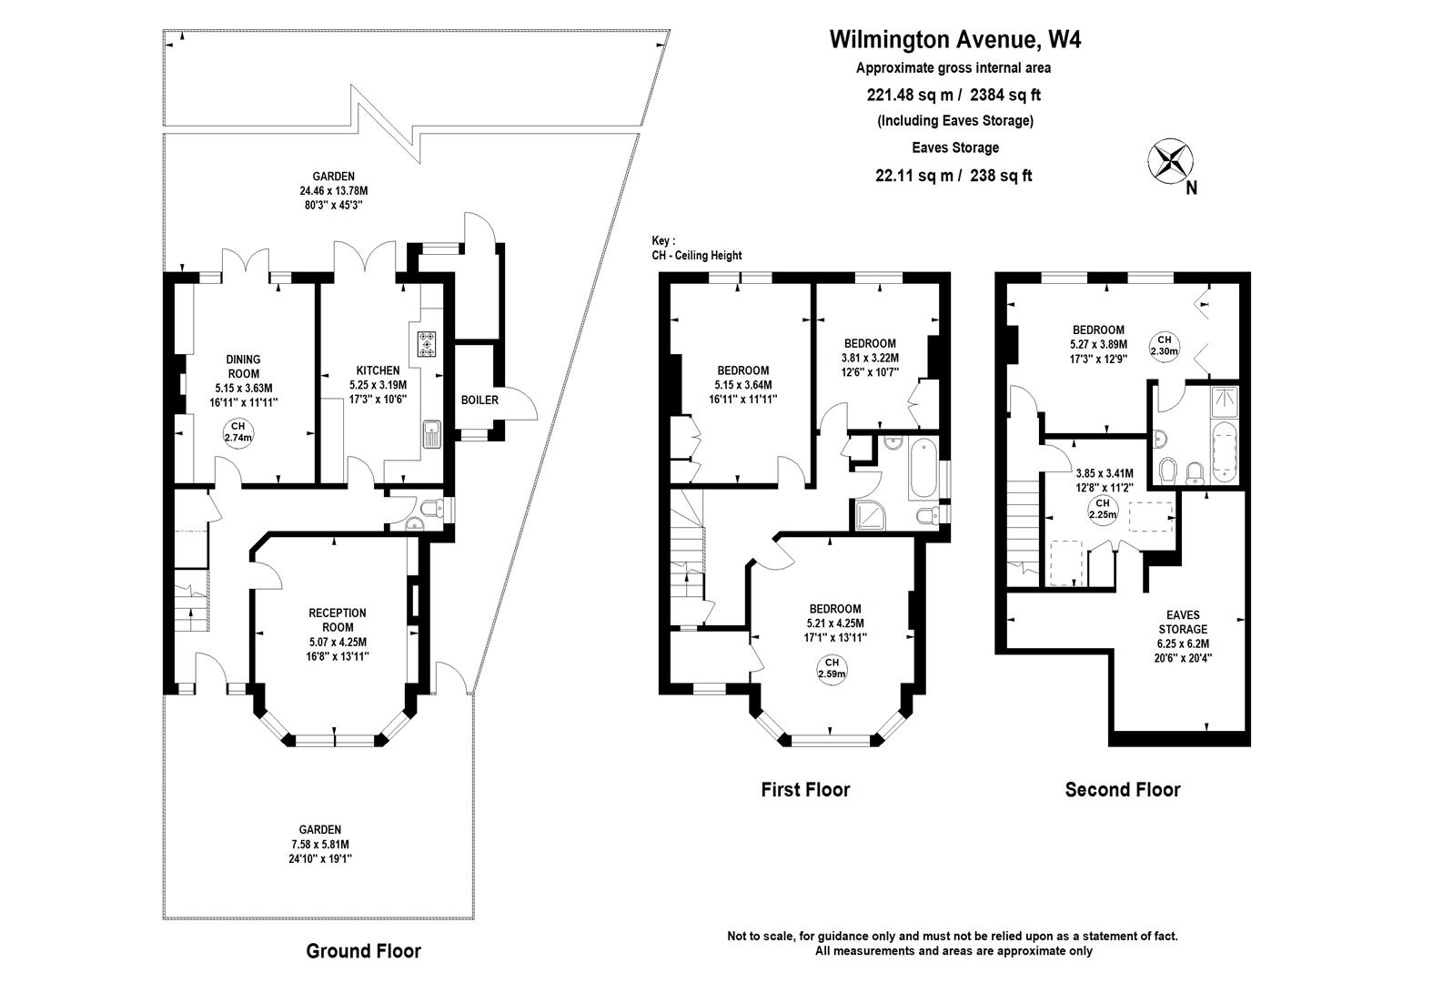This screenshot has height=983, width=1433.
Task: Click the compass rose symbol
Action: click(x=1170, y=160)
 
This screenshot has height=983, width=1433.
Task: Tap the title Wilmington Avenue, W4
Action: click(x=954, y=39)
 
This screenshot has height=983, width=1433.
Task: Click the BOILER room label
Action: click(x=479, y=400)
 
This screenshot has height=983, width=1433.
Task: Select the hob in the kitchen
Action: click(x=427, y=344)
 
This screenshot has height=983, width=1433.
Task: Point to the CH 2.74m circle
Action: click(x=237, y=432)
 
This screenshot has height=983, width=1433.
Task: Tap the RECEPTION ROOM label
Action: click(x=337, y=620)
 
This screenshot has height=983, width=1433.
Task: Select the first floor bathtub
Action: click(x=921, y=468)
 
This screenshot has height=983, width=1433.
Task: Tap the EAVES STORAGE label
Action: click(x=1183, y=622)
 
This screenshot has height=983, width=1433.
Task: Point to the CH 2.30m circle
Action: click(x=1165, y=345)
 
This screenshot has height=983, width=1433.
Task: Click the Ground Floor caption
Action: click(x=363, y=951)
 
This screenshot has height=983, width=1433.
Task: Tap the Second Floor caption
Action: click(x=1122, y=790)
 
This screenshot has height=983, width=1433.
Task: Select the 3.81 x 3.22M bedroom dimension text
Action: click(x=870, y=358)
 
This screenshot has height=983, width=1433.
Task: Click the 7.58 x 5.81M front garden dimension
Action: click(x=320, y=844)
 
